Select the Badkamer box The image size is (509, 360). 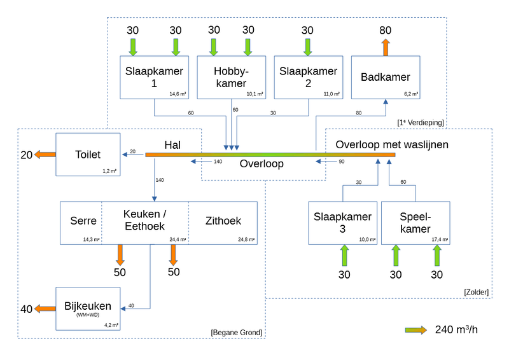[x=386, y=77]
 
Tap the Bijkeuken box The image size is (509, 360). [x=88, y=308]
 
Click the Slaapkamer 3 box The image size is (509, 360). [x=342, y=223]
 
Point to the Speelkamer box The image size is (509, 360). [x=416, y=223]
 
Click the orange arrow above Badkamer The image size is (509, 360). [x=385, y=48]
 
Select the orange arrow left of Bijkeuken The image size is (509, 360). [x=45, y=309]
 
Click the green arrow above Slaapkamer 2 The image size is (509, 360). [x=308, y=47]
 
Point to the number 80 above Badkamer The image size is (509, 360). [x=385, y=31]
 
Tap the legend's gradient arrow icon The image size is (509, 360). [x=417, y=329]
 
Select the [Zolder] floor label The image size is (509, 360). [x=476, y=292]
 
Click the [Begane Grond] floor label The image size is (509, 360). [x=236, y=333]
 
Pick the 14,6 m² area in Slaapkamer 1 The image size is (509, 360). [x=176, y=94]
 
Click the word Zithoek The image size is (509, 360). [x=223, y=221]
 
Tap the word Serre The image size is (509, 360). [x=83, y=221]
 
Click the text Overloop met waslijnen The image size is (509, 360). [x=392, y=144]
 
